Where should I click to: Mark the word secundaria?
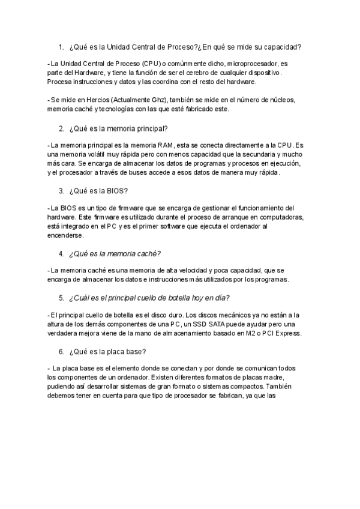pyautogui.click(x=266, y=155)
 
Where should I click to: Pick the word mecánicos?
pyautogui.click(x=235, y=315)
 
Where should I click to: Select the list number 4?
pyautogui.click(x=61, y=253)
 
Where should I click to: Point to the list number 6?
pyautogui.click(x=61, y=351)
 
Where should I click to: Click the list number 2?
pyautogui.click(x=61, y=128)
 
